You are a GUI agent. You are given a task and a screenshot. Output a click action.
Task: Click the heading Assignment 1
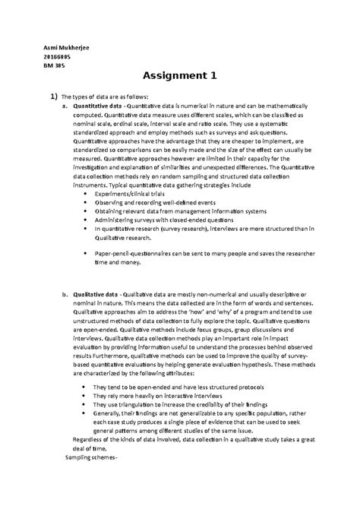pos(179,76)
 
